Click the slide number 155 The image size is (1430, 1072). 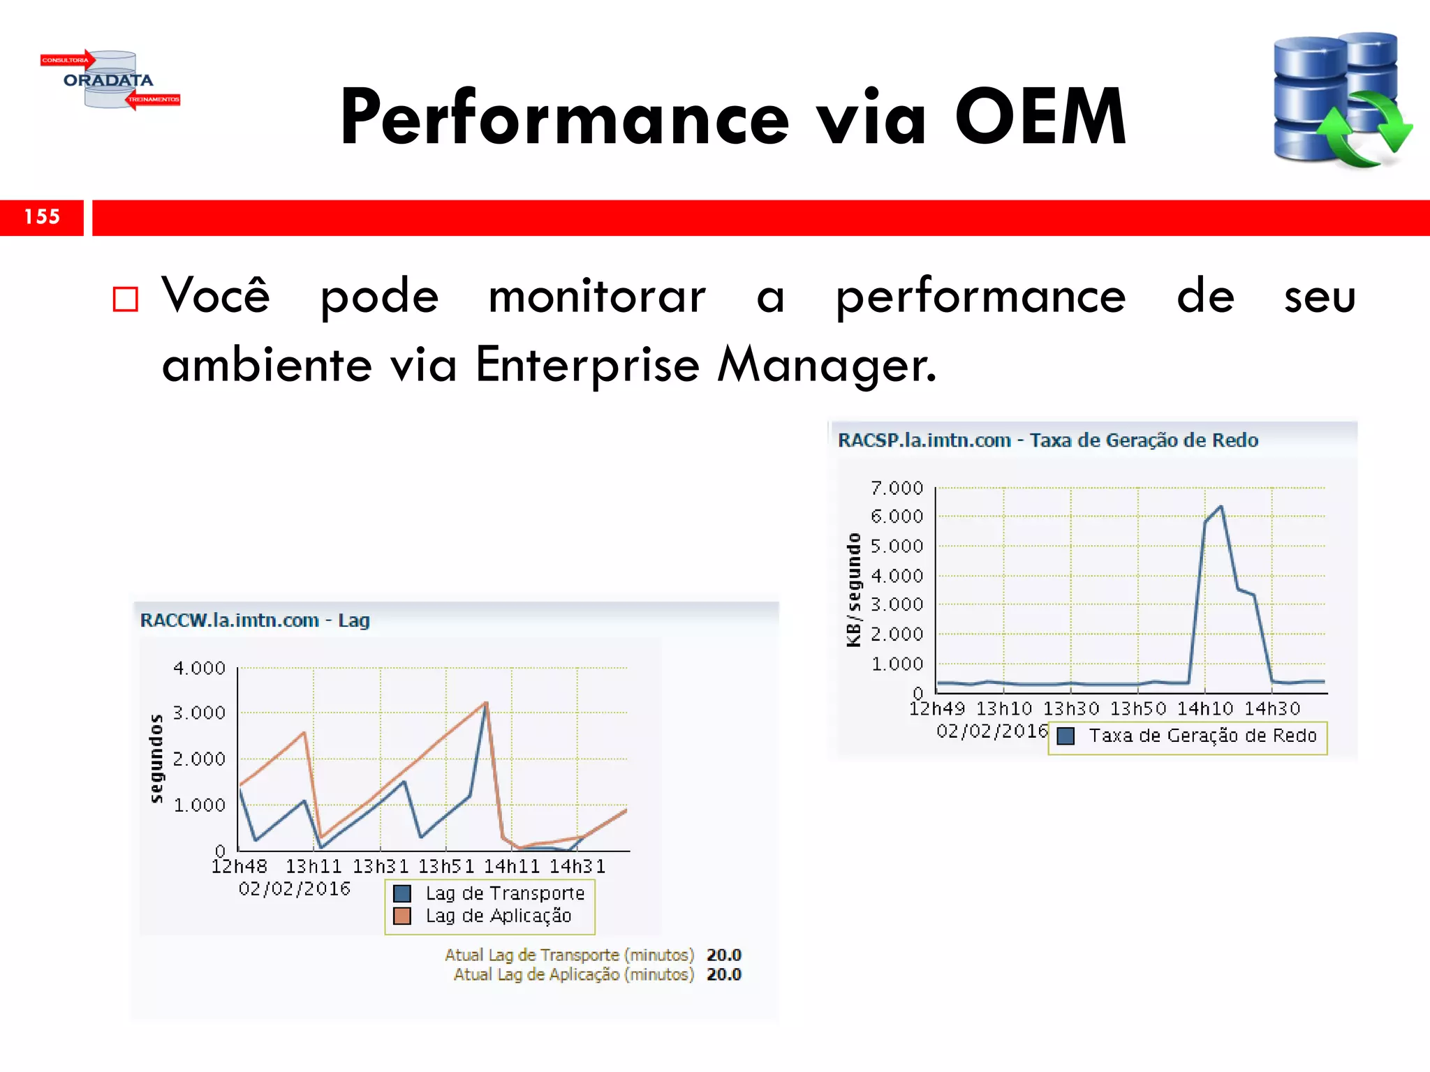click(42, 217)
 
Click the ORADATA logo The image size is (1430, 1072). click(109, 80)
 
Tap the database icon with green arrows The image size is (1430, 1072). click(1341, 100)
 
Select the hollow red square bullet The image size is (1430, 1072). click(126, 299)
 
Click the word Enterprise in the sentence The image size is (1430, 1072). click(587, 364)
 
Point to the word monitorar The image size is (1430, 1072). click(597, 297)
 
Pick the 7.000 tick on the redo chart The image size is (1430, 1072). click(897, 488)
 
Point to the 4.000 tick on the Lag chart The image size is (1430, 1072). click(199, 668)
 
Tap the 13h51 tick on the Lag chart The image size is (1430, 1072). click(445, 866)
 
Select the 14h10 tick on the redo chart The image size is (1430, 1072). click(1205, 708)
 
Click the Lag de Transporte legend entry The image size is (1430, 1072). click(504, 893)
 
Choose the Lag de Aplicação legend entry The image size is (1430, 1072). click(498, 916)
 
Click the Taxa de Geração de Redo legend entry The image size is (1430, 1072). click(1202, 736)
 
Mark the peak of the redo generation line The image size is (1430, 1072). click(1221, 507)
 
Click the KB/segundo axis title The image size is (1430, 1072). click(853, 590)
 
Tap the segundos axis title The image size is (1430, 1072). click(156, 758)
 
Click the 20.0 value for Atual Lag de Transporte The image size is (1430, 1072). click(723, 955)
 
